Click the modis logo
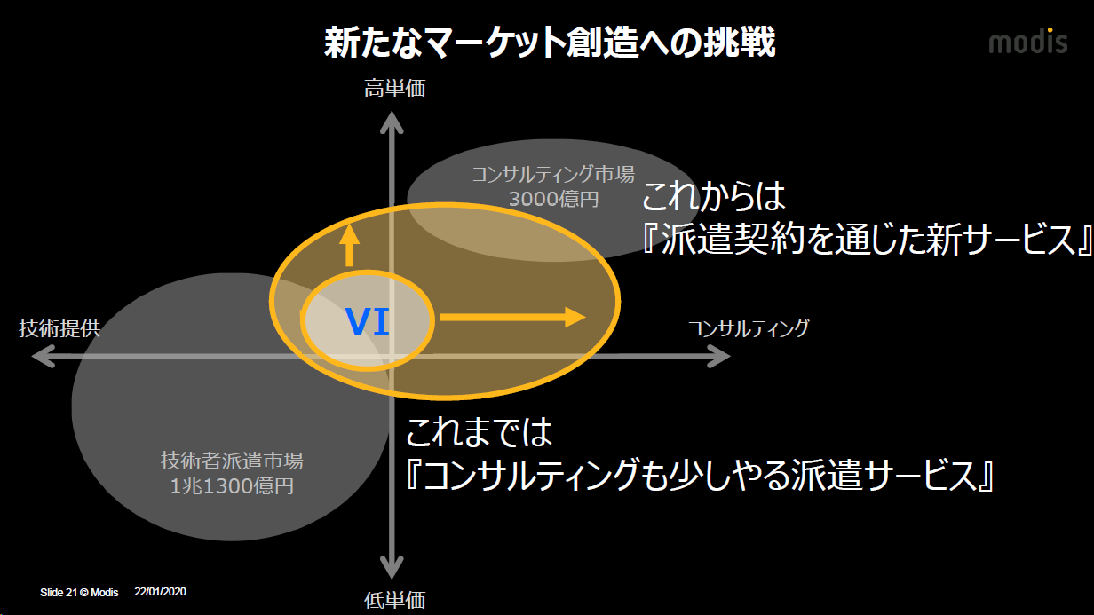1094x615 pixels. click(x=1028, y=41)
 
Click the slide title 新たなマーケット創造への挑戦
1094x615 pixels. click(x=550, y=42)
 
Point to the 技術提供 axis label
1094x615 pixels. click(x=59, y=328)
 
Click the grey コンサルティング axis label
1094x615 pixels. click(x=748, y=328)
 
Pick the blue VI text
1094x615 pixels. click(x=368, y=321)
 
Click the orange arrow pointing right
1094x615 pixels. click(x=512, y=317)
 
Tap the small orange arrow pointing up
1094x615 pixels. click(x=349, y=245)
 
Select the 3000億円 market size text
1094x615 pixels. click(x=553, y=198)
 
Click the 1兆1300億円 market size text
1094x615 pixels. click(x=232, y=485)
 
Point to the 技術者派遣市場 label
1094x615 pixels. click(x=232, y=461)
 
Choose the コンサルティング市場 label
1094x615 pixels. click(x=553, y=173)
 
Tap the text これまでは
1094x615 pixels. click(x=479, y=433)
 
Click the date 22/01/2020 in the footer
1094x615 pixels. click(x=160, y=591)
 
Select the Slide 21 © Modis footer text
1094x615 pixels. click(x=79, y=592)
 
